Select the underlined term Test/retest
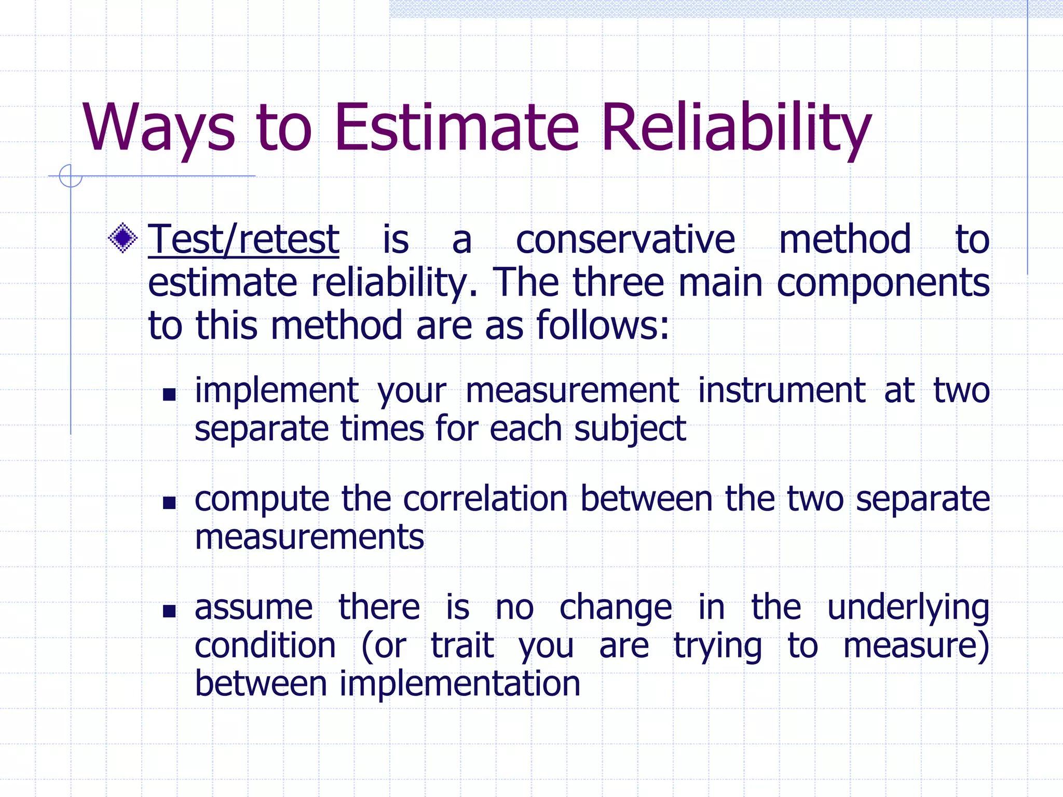pyautogui.click(x=243, y=240)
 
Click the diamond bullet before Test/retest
pyautogui.click(x=123, y=238)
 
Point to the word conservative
pyautogui.click(x=625, y=240)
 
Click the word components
pyautogui.click(x=883, y=283)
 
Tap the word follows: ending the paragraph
pyautogui.click(x=602, y=326)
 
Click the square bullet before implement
pyautogui.click(x=169, y=395)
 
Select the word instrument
pyautogui.click(x=781, y=390)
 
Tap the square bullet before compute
pyautogui.click(x=169, y=503)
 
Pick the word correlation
pyautogui.click(x=485, y=499)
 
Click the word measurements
pyautogui.click(x=309, y=537)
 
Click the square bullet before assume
pyautogui.click(x=169, y=611)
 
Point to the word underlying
pyautogui.click(x=908, y=608)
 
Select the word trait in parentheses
pyautogui.click(x=462, y=646)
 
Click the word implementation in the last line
pyautogui.click(x=460, y=683)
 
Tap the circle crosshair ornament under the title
pyautogui.click(x=71, y=176)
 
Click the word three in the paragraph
pyautogui.click(x=618, y=283)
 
